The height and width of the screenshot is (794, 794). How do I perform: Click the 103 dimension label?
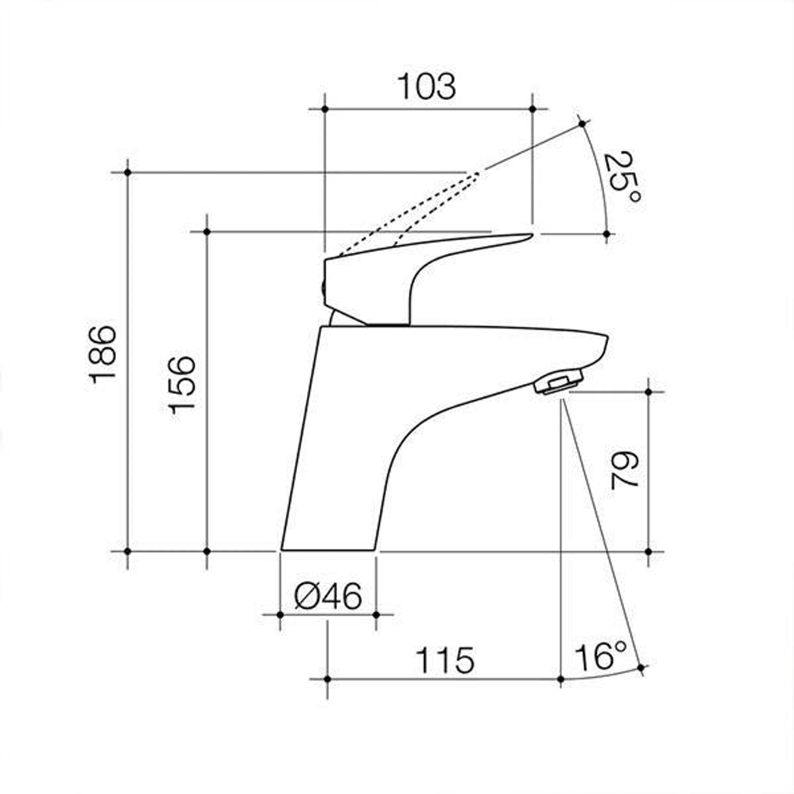point(426,87)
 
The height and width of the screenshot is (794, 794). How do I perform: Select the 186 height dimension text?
point(102,354)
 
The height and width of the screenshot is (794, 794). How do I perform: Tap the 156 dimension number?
point(181,385)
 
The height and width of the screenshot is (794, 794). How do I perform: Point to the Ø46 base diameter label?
point(328,595)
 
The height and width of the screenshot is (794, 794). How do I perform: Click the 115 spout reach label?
point(445,661)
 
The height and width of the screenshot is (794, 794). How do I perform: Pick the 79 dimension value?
point(625,470)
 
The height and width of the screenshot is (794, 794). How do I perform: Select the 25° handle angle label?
point(623,177)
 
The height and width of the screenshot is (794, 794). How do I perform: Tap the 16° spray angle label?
point(601,657)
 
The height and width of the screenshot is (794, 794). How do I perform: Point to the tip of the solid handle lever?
point(532,234)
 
